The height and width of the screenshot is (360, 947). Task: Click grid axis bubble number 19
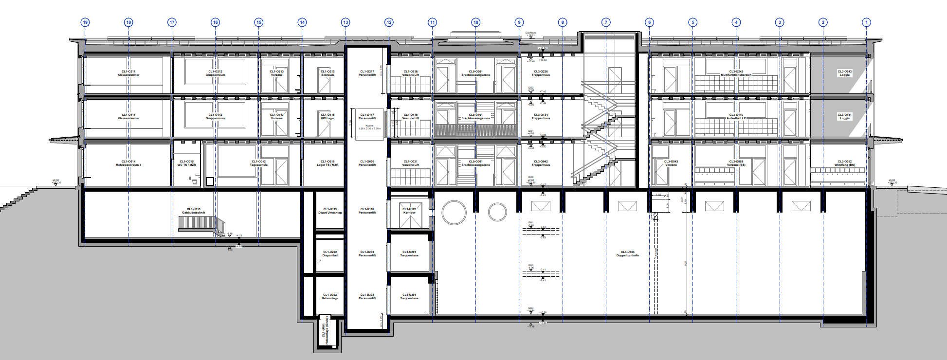85,22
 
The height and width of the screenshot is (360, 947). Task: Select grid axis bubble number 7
606,22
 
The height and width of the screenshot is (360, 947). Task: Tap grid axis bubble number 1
866,22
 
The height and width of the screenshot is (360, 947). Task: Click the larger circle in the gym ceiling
454,212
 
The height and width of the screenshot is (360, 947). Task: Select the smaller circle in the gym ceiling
497,212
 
